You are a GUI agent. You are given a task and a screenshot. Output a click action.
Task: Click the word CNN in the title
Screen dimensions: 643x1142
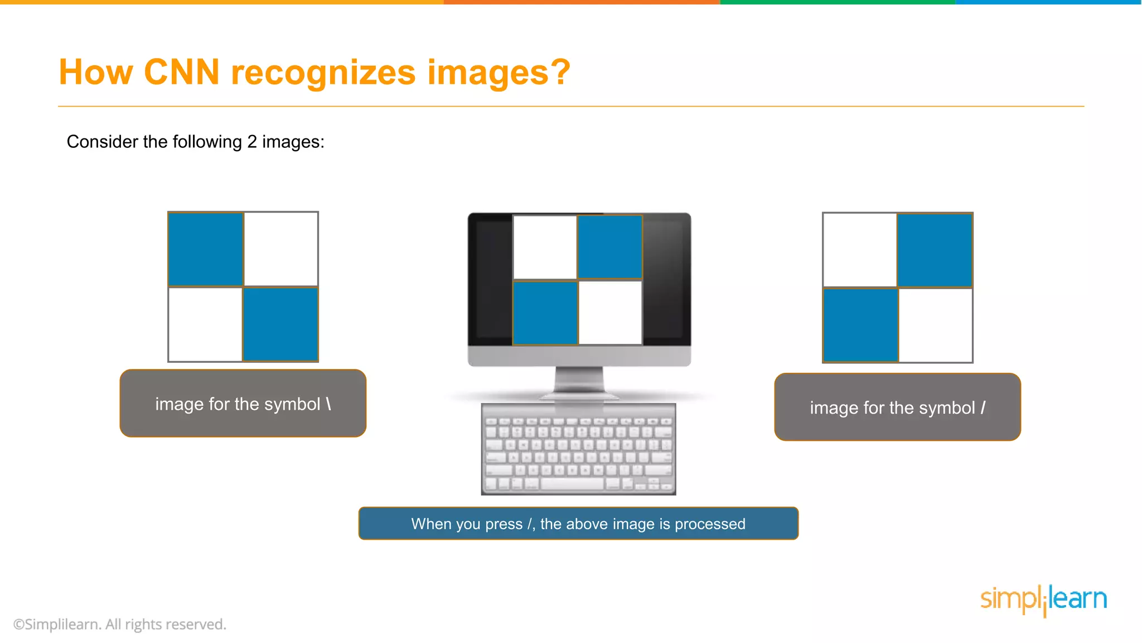182,73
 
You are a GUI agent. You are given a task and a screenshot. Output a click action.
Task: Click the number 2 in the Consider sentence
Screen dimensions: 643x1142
252,142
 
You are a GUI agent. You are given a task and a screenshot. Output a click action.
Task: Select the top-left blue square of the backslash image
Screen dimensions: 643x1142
206,249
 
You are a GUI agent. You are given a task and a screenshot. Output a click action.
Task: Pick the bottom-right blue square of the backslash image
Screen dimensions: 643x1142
280,324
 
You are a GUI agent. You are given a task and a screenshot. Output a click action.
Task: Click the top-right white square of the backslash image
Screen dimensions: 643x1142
280,249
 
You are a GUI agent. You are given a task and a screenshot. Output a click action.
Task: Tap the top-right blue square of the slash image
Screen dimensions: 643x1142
935,250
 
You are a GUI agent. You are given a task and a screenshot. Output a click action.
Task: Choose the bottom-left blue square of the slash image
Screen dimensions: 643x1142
860,325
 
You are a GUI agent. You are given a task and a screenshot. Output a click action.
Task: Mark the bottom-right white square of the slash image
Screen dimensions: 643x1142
935,325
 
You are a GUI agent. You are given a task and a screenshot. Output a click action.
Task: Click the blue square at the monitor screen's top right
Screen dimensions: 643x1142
610,247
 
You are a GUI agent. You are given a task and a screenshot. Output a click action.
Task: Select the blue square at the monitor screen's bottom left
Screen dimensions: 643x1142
545,313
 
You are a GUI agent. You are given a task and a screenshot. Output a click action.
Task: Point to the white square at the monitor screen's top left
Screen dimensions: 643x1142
545,247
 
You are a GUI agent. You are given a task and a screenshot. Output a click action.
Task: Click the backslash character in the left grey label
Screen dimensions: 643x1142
329,404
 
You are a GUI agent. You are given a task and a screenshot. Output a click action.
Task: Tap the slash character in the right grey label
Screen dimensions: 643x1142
983,408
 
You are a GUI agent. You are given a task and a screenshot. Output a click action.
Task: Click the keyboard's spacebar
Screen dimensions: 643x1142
572,483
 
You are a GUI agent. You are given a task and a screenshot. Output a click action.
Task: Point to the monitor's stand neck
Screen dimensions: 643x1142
579,380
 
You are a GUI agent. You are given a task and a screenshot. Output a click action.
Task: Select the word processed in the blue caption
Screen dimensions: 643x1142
710,524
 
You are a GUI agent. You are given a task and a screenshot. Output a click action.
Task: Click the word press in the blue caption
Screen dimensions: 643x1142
504,524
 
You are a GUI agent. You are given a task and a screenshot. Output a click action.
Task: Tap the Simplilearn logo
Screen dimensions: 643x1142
1043,599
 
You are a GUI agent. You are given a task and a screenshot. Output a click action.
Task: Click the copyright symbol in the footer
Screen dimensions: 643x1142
19,625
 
